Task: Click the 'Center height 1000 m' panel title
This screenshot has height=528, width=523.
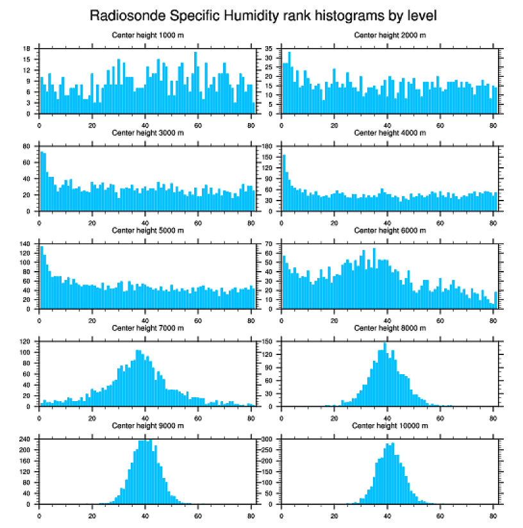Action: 147,35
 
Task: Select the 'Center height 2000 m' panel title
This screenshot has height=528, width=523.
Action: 390,35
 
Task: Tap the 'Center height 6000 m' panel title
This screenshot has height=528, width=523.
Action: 390,231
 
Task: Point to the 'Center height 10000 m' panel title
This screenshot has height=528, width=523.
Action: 390,425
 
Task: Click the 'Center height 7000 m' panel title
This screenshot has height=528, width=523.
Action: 147,328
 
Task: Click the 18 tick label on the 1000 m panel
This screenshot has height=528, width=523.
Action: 28,49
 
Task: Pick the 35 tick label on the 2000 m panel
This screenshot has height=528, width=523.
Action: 270,49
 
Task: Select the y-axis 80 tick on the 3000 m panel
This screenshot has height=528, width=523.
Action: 28,146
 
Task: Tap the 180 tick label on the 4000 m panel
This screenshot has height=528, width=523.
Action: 269,146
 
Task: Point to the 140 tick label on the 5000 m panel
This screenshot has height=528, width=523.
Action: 26,244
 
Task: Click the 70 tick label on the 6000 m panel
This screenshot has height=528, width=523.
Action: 270,244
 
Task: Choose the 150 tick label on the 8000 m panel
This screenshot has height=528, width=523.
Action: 269,342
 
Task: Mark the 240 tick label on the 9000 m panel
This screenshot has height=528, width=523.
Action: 26,440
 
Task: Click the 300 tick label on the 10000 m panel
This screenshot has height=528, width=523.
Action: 269,440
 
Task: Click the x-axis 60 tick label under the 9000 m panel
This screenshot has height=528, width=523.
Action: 198,515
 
